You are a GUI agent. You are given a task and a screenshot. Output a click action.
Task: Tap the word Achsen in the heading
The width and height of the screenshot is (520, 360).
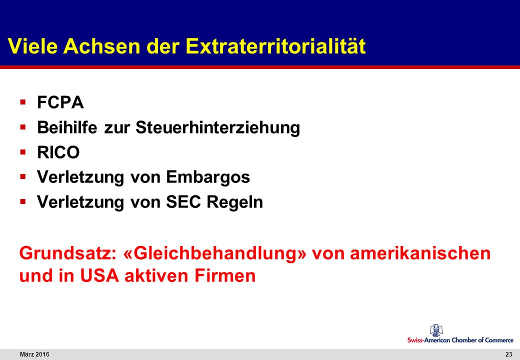pyautogui.click(x=102, y=45)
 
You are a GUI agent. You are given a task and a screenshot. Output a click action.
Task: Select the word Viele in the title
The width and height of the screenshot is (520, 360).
pyautogui.click(x=32, y=45)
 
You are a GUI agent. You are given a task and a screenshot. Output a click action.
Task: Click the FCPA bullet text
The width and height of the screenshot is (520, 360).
pyautogui.click(x=60, y=102)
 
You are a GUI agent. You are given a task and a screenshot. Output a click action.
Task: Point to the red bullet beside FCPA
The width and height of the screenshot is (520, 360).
pyautogui.click(x=23, y=101)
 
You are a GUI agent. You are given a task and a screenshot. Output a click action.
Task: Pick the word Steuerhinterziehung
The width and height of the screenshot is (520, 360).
pyautogui.click(x=218, y=127)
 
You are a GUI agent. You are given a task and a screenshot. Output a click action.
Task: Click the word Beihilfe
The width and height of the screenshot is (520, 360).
pyautogui.click(x=67, y=127)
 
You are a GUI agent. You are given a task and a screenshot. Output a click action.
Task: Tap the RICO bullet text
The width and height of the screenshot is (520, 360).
pyautogui.click(x=58, y=152)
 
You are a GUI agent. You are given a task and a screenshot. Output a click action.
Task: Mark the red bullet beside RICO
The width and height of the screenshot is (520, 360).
pyautogui.click(x=23, y=152)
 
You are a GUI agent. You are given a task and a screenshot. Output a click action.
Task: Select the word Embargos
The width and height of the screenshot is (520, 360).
pyautogui.click(x=208, y=177)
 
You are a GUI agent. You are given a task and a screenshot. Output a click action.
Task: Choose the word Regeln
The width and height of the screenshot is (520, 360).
pyautogui.click(x=235, y=202)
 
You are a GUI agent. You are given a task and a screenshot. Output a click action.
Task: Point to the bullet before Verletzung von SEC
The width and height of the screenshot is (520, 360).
pyautogui.click(x=23, y=201)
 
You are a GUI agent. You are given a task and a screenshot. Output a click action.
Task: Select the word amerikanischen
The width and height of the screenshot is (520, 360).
pyautogui.click(x=420, y=253)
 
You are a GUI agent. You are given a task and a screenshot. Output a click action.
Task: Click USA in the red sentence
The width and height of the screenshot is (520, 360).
pyautogui.click(x=99, y=276)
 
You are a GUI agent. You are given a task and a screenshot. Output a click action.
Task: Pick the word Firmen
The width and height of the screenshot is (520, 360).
pyautogui.click(x=225, y=276)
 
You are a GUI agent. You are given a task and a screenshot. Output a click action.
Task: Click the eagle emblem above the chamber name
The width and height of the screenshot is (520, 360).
pyautogui.click(x=435, y=330)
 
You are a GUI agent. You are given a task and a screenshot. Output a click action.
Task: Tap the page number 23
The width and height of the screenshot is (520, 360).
pyautogui.click(x=508, y=354)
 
